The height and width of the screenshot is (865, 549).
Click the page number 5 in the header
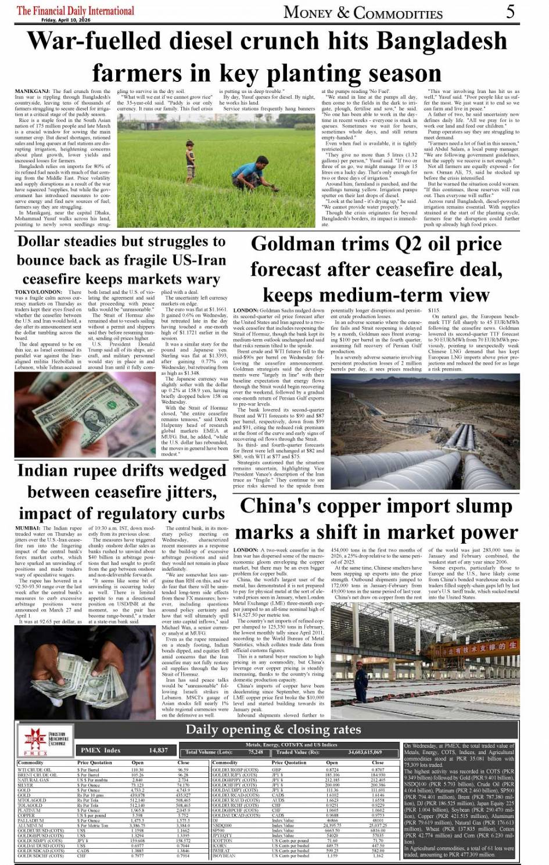coord(509,11)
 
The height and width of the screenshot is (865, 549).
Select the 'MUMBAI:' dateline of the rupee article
coord(28,529)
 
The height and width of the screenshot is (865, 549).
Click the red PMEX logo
coord(36,741)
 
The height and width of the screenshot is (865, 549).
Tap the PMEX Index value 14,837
coord(158,750)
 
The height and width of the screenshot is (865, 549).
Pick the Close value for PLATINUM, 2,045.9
coord(182,810)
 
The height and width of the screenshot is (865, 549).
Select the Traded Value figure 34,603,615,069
coord(365,752)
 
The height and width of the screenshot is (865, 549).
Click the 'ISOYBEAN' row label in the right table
coord(224,856)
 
